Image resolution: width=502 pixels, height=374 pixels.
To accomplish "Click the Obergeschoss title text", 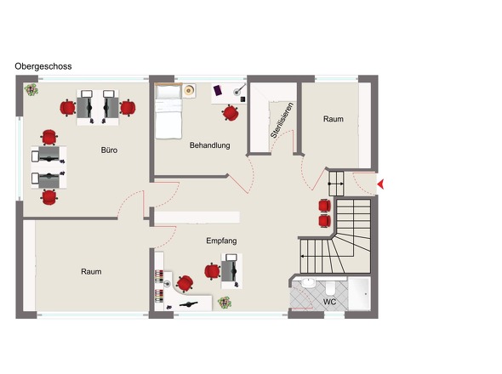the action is coord(43,66).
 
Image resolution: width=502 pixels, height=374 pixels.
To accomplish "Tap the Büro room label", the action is coord(109,150).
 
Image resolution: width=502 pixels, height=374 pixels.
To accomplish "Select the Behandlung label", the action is coord(209,145).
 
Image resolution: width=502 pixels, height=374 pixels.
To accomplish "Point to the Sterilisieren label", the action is coord(282,121).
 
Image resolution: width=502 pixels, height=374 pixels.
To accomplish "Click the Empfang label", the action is coord(221,241).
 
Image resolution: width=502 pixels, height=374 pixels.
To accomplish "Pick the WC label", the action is coord(329,302).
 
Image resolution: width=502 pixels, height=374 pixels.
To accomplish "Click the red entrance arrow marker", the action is coord(380,184).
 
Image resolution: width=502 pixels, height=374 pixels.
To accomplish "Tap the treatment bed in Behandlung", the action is coord(168,111).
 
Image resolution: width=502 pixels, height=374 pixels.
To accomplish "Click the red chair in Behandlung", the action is coord(231,113).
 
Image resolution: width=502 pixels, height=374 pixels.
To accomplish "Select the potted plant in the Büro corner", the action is coord(31,89).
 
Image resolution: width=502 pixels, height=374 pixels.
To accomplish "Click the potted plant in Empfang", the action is coord(225,303).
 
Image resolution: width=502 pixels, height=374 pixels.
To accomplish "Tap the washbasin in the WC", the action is coord(309,283).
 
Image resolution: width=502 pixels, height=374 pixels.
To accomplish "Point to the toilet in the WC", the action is coord(330,288).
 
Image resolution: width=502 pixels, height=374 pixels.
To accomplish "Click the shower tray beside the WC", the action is coord(360,294).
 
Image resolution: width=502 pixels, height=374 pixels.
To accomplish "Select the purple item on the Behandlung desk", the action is coord(218,90).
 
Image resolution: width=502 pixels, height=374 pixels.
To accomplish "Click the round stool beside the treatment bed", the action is coord(189,91).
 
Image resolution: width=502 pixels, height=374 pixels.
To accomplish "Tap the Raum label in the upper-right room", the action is coord(334,119).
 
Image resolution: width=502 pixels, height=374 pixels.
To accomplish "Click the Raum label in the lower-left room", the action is coord(91,272).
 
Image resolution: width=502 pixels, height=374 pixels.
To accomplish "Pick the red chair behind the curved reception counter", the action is coord(185,284).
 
